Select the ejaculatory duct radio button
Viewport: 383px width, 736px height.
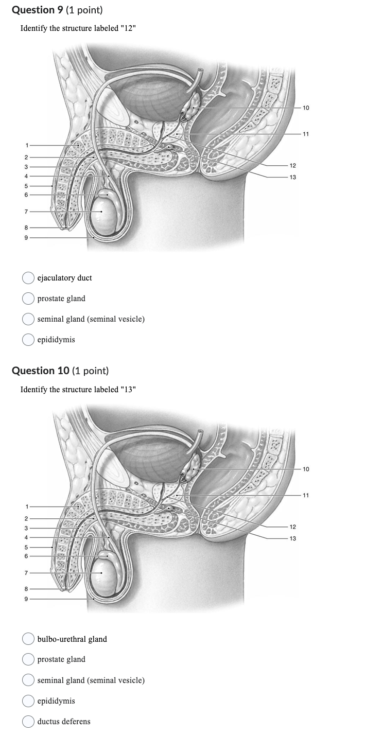[x=28, y=278]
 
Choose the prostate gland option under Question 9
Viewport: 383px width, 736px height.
[x=28, y=299]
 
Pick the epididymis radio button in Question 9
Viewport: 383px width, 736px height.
[x=28, y=340]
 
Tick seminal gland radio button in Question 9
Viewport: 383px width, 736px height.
[x=28, y=319]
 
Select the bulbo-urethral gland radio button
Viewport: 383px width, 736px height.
[x=28, y=639]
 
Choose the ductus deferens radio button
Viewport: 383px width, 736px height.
[x=28, y=722]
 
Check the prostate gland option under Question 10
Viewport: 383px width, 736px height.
[x=28, y=659]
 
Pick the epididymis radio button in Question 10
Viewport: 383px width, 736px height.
[x=28, y=701]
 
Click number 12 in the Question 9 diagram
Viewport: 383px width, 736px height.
[x=293, y=166]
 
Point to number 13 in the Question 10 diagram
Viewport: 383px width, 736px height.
[x=293, y=538]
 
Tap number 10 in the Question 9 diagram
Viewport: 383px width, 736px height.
[x=306, y=108]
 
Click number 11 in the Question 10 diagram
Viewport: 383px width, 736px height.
[x=306, y=496]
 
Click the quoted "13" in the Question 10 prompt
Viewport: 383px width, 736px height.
[x=127, y=389]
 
